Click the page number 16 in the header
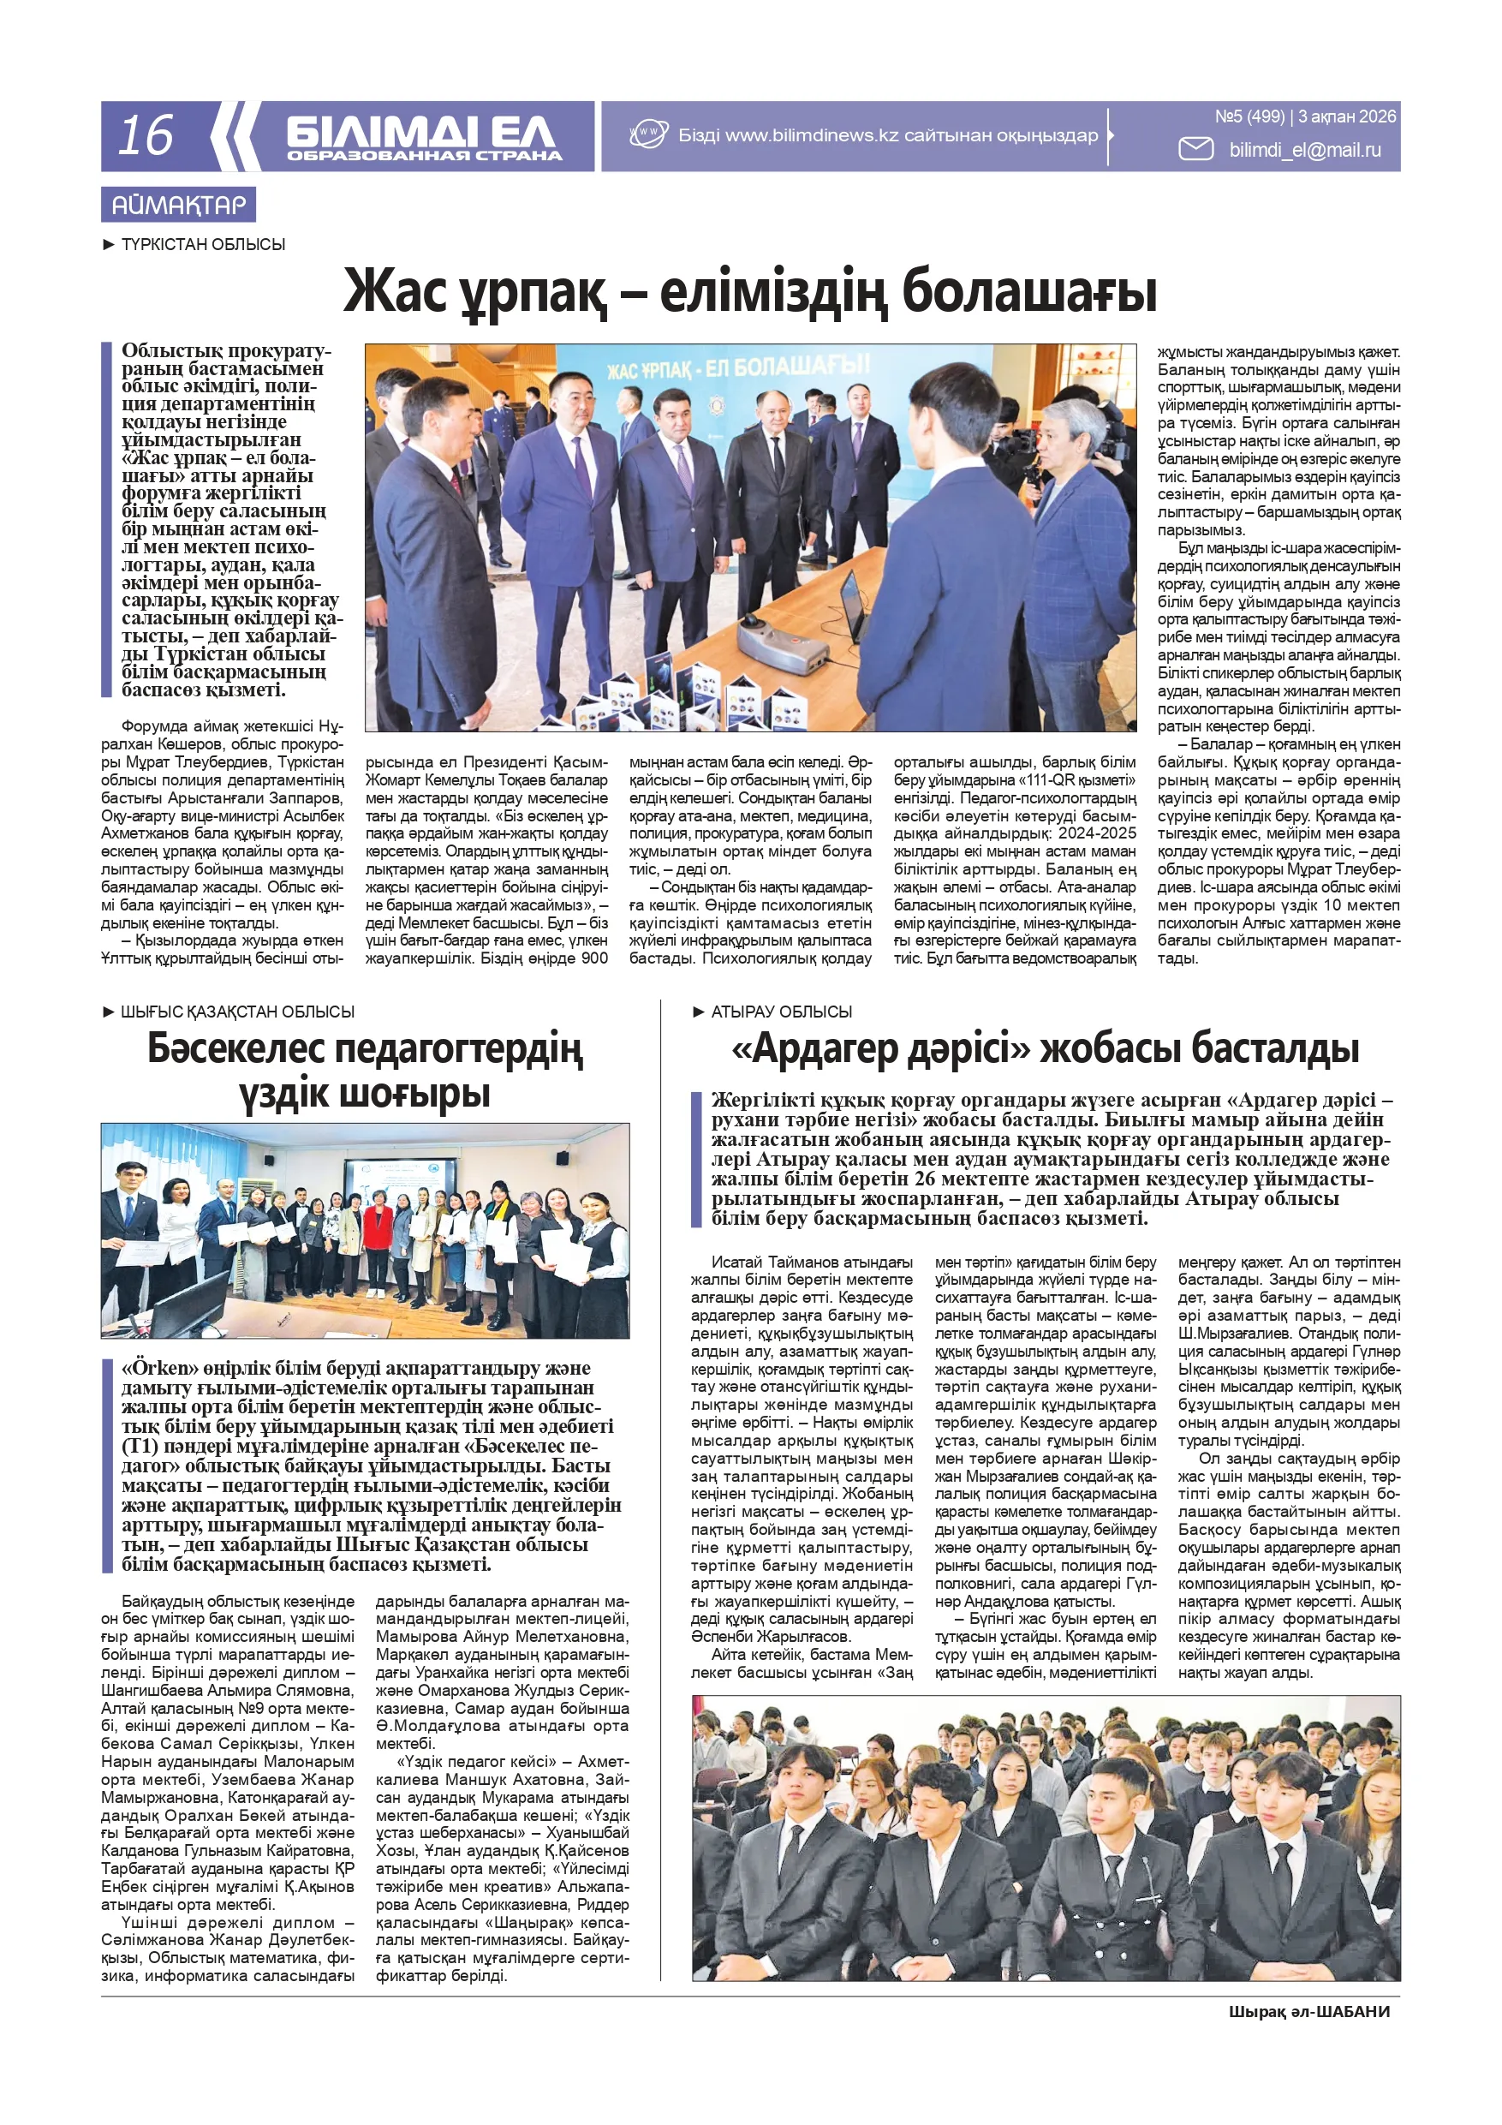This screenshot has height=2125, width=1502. click(x=146, y=135)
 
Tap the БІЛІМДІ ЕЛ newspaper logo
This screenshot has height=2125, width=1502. click(x=422, y=136)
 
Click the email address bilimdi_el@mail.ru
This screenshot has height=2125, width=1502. click(x=1304, y=150)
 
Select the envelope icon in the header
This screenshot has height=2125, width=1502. click(x=1195, y=149)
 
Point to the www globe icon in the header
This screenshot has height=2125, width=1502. click(x=648, y=134)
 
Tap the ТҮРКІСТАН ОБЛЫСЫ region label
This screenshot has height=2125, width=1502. click(x=203, y=244)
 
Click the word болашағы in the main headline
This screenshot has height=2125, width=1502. click(x=1029, y=291)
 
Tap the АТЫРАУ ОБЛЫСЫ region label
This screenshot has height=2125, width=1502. click(x=781, y=1012)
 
